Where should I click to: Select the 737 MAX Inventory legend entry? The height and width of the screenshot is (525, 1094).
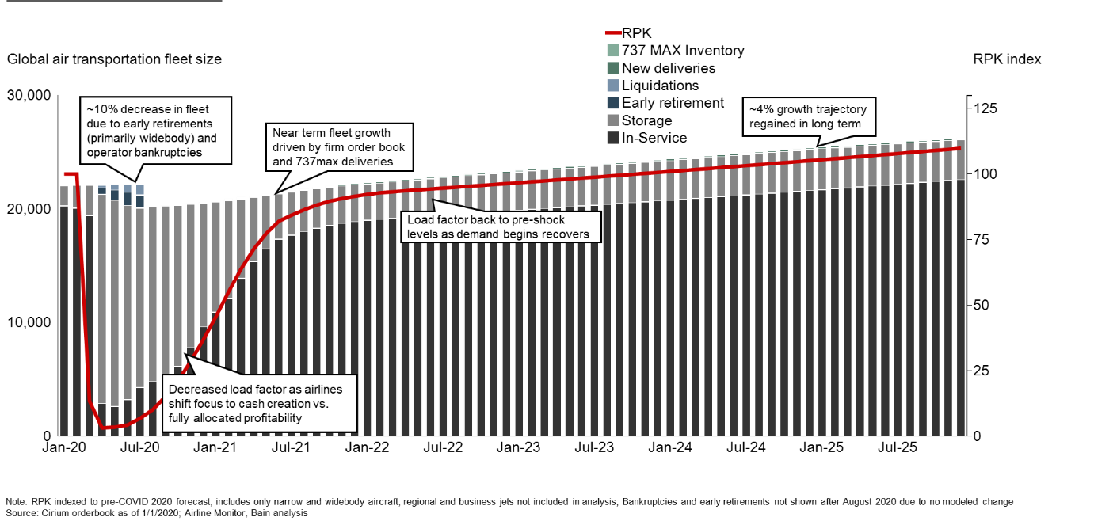682,51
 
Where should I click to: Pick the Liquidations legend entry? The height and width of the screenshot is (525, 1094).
660,86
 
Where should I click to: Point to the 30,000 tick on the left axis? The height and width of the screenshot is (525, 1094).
29,96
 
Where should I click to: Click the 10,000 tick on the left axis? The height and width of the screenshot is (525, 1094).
29,322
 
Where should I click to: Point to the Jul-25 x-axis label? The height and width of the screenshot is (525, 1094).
898,447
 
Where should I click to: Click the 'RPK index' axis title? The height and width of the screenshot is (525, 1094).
1007,59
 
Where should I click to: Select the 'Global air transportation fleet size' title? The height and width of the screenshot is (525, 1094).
114,59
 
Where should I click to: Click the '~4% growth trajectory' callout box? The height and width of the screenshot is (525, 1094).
808,117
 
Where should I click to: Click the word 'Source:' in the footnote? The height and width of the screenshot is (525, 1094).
21,513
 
